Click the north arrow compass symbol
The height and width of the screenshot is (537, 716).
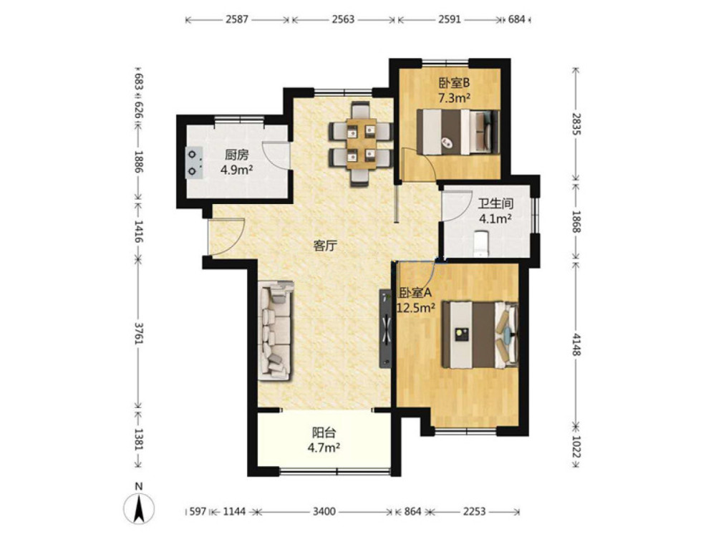(x=139, y=508)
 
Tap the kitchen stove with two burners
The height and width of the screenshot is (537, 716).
(x=194, y=163)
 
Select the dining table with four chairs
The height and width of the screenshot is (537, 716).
(x=361, y=144)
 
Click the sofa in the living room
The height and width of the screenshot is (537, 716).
(x=276, y=330)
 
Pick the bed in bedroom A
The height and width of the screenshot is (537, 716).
(x=480, y=334)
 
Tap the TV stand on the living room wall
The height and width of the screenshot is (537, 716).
(x=386, y=329)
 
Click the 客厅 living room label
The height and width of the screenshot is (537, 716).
(x=324, y=246)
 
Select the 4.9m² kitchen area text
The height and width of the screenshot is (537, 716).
(x=236, y=170)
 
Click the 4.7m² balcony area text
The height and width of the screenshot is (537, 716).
(x=324, y=447)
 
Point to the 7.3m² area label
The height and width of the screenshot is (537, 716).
(x=455, y=97)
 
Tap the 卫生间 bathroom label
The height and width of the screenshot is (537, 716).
(x=495, y=203)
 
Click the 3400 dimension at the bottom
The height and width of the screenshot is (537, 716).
(x=324, y=511)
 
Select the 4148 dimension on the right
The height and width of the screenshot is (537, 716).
(x=576, y=344)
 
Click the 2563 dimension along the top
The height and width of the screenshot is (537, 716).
(x=343, y=19)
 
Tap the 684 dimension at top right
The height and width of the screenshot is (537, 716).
(x=516, y=19)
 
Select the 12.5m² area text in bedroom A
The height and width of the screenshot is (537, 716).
(x=416, y=308)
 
